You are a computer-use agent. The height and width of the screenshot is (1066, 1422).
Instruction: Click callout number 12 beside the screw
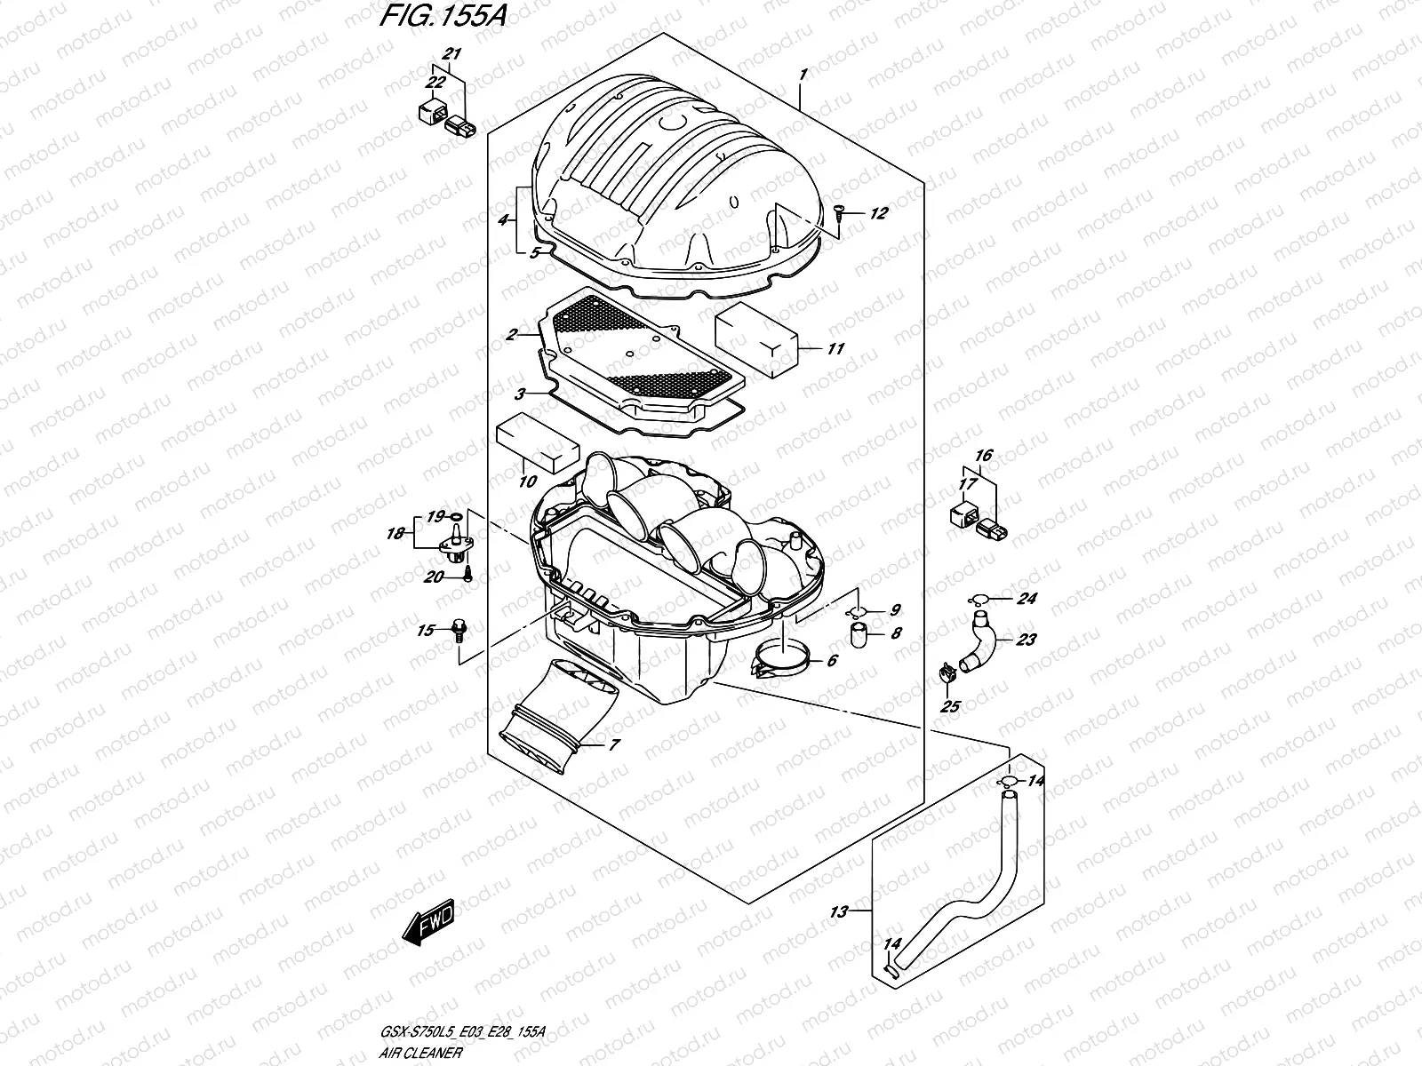tap(878, 213)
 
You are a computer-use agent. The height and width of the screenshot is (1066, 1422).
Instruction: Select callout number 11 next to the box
tap(835, 349)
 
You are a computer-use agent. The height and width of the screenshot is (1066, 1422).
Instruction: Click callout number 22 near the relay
tap(435, 83)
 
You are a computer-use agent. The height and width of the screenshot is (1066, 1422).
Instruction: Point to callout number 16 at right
tap(982, 456)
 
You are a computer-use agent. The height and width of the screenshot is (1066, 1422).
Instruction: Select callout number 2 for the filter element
tap(511, 335)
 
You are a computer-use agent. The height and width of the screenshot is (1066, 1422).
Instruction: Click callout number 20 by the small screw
tap(433, 577)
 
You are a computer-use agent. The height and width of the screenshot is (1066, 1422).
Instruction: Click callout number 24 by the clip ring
tap(1027, 599)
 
